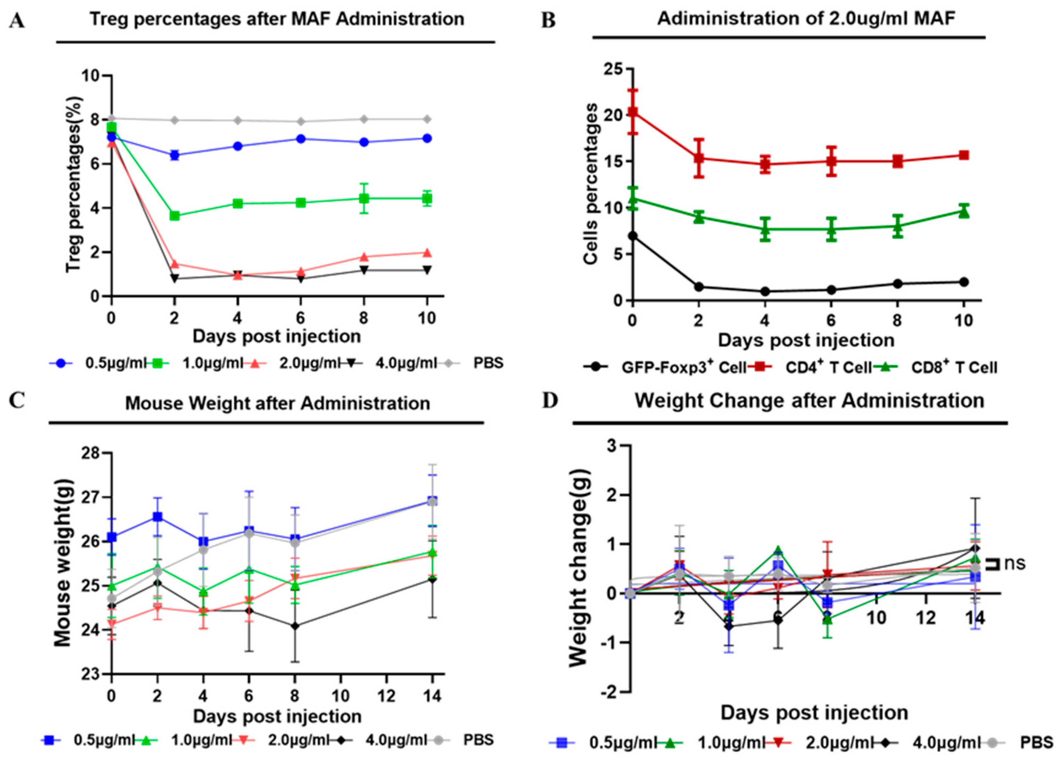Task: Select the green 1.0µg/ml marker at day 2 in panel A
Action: pos(175,216)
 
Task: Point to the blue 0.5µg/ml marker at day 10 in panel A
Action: pos(427,139)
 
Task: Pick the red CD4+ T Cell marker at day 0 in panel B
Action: pos(633,112)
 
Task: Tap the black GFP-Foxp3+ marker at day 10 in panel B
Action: pos(964,282)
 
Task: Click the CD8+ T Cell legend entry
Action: pos(954,368)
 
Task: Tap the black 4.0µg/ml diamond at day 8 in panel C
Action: pos(295,626)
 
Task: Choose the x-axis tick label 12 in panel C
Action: pos(386,696)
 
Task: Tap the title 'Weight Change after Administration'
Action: pos(809,401)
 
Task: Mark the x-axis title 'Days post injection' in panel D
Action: pos(814,713)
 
